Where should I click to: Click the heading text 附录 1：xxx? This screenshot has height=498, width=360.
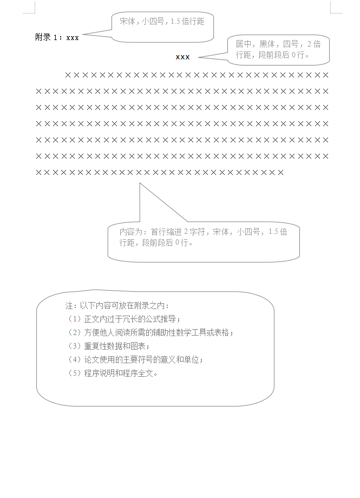click(x=57, y=37)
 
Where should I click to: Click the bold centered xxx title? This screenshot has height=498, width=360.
click(x=182, y=57)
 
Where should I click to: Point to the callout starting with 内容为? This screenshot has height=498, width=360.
click(x=203, y=237)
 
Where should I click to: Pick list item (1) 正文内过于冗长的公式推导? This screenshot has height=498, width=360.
click(x=124, y=319)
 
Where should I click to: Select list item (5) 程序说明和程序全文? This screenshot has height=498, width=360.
click(x=113, y=373)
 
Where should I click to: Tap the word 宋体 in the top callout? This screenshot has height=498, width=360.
click(x=128, y=22)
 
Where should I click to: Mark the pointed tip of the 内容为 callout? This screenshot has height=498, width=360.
click(x=140, y=184)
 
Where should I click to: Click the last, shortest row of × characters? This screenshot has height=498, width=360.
click(x=160, y=173)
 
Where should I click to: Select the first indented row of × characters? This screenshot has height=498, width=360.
click(x=197, y=75)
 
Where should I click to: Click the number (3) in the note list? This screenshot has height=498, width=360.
click(x=74, y=346)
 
